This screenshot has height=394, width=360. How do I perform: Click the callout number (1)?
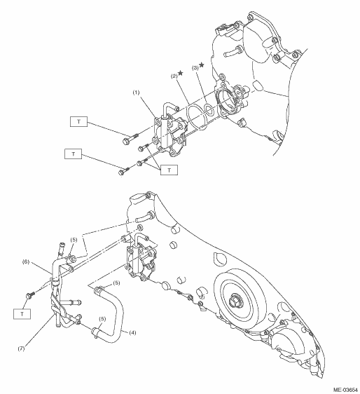[136, 93]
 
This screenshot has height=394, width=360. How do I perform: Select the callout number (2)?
[174, 76]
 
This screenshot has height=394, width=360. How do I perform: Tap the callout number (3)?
[195, 68]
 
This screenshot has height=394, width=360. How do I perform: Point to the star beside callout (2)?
[181, 73]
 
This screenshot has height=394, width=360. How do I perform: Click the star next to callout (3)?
[201, 65]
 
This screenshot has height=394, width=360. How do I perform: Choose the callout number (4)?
[132, 333]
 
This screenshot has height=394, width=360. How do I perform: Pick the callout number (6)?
[26, 261]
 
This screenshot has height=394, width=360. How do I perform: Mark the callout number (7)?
[21, 348]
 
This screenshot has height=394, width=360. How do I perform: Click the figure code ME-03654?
[345, 390]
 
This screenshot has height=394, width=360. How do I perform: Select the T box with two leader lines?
[169, 170]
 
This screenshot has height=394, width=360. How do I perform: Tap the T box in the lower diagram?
[22, 314]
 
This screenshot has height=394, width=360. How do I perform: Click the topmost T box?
[79, 121]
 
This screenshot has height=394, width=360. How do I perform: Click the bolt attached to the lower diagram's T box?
[30, 294]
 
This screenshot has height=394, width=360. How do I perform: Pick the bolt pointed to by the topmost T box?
[130, 139]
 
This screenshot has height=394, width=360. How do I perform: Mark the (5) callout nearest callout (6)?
[74, 240]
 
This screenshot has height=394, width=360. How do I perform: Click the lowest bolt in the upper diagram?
[124, 171]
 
